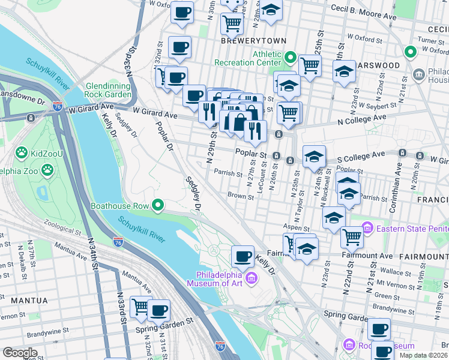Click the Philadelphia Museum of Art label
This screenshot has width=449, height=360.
(x=218, y=278)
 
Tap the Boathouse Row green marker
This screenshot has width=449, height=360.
(x=158, y=206)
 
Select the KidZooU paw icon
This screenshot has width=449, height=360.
(x=22, y=153)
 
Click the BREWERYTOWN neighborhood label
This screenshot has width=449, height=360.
(x=247, y=41)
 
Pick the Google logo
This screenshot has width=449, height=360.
(x=20, y=352)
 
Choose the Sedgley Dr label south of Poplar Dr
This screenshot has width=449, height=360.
(x=193, y=194)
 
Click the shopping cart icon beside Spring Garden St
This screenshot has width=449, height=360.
(x=141, y=307)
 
